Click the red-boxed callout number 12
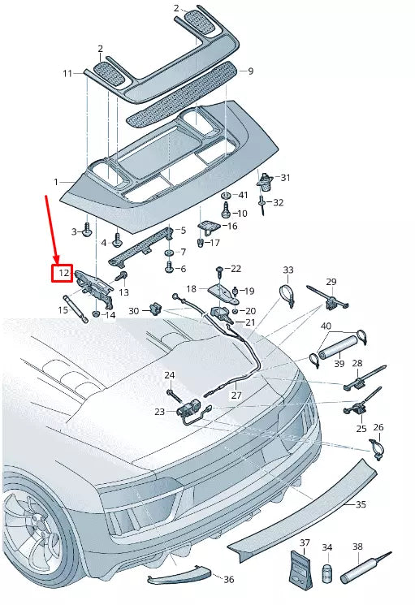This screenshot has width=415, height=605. pos(63,273)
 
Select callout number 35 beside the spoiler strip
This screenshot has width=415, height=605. pos(361,503)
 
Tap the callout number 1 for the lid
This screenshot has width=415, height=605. pos(57,182)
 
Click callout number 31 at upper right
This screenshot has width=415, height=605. pos(284,177)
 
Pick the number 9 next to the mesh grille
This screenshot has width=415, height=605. pos(250,71)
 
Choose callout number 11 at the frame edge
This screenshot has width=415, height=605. pos(68,73)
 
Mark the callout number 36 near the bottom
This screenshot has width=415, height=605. pos(228,579)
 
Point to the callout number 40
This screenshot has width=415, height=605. pos(325,326)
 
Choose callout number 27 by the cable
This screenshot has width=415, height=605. pos(236,395)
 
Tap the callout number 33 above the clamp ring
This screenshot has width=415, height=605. pos(287,270)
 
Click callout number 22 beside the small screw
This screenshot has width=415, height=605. pos(236,268)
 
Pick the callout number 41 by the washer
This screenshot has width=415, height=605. pos(242,196)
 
